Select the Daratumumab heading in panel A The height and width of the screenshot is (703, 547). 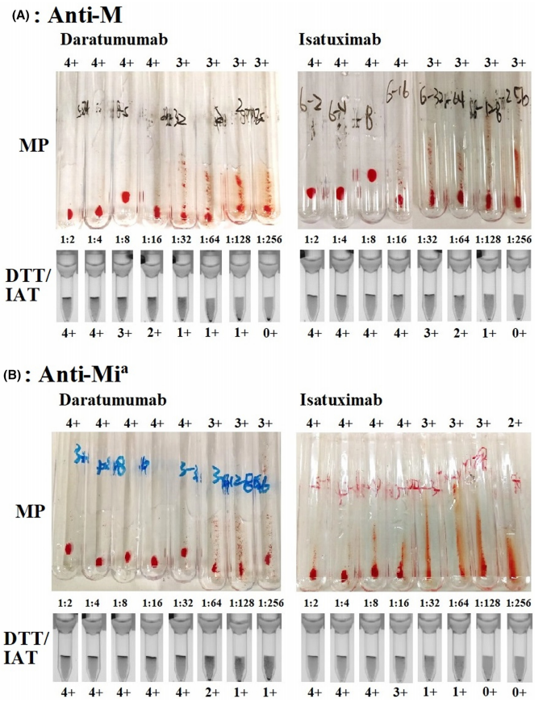(x=118, y=39)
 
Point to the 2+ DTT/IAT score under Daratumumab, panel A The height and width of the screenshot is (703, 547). (x=152, y=331)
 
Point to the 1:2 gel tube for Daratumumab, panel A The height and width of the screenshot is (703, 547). (x=69, y=284)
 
